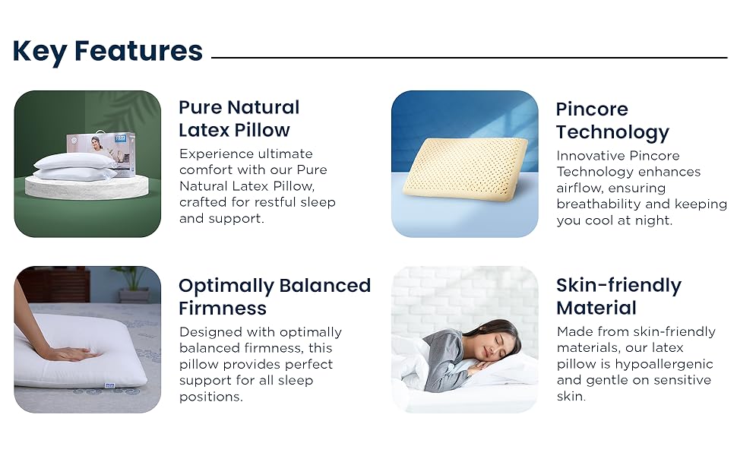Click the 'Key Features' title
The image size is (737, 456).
coord(108,51)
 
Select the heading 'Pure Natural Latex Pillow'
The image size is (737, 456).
coord(239,119)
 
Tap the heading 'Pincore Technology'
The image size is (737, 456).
coord(612,121)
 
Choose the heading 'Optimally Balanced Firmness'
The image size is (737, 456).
coord(274,296)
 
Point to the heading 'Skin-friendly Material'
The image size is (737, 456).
coord(618,296)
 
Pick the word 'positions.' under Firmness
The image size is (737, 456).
coord(211,397)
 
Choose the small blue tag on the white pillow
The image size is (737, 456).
coord(110,385)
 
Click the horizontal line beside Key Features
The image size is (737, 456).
coord(469,57)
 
